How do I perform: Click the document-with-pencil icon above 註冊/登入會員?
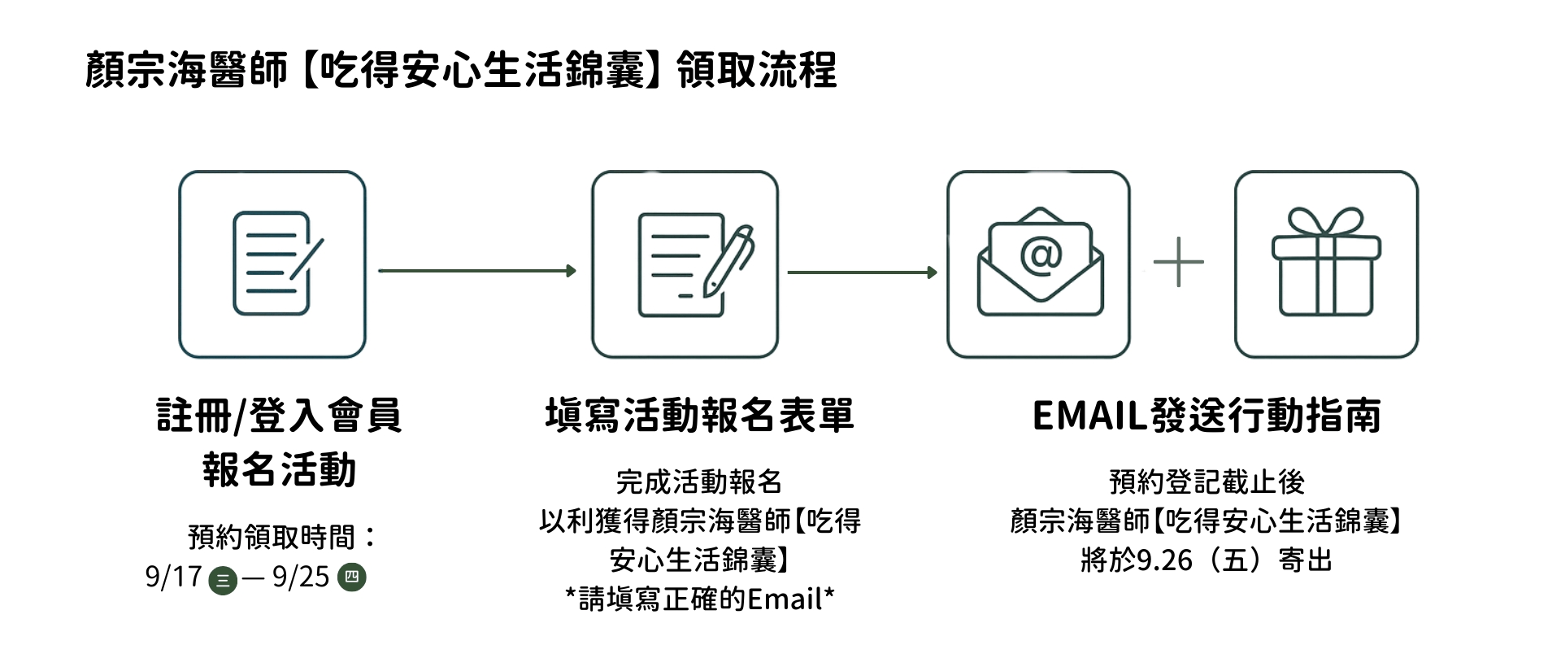(x=272, y=264)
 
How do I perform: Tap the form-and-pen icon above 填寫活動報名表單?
(x=685, y=264)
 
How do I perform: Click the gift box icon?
(x=1326, y=264)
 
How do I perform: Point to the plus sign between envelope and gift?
(x=1178, y=263)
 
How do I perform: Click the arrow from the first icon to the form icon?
(x=477, y=271)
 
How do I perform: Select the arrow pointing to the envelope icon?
(x=862, y=272)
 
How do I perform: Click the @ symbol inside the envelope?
(x=1041, y=255)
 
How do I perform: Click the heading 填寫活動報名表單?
(x=699, y=415)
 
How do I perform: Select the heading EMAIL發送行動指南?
(x=1207, y=415)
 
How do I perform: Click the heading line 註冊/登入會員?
(x=279, y=415)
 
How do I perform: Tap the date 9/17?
(x=173, y=577)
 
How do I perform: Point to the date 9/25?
(x=301, y=577)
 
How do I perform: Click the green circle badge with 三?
(x=222, y=580)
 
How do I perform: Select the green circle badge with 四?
(x=352, y=577)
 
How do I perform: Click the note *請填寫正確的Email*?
(x=699, y=599)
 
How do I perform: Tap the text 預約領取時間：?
(x=283, y=537)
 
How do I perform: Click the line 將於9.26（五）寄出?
(x=1207, y=560)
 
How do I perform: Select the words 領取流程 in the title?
(x=756, y=70)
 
